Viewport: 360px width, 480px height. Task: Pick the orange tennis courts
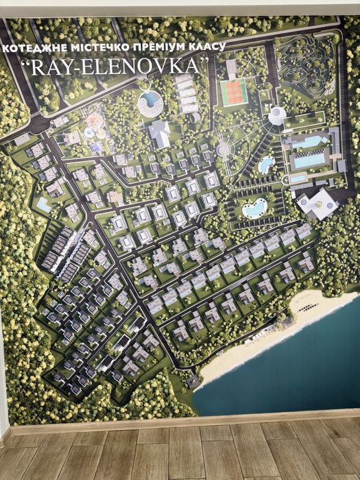coord(233,92)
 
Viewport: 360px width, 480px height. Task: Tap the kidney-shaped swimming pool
coord(254,207)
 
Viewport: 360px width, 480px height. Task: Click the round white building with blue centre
coord(149,102)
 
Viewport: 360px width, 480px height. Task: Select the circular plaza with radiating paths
coord(224,148)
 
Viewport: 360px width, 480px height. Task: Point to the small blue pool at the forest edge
coord(43,204)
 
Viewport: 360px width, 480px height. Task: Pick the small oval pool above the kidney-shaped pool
coord(265,164)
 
